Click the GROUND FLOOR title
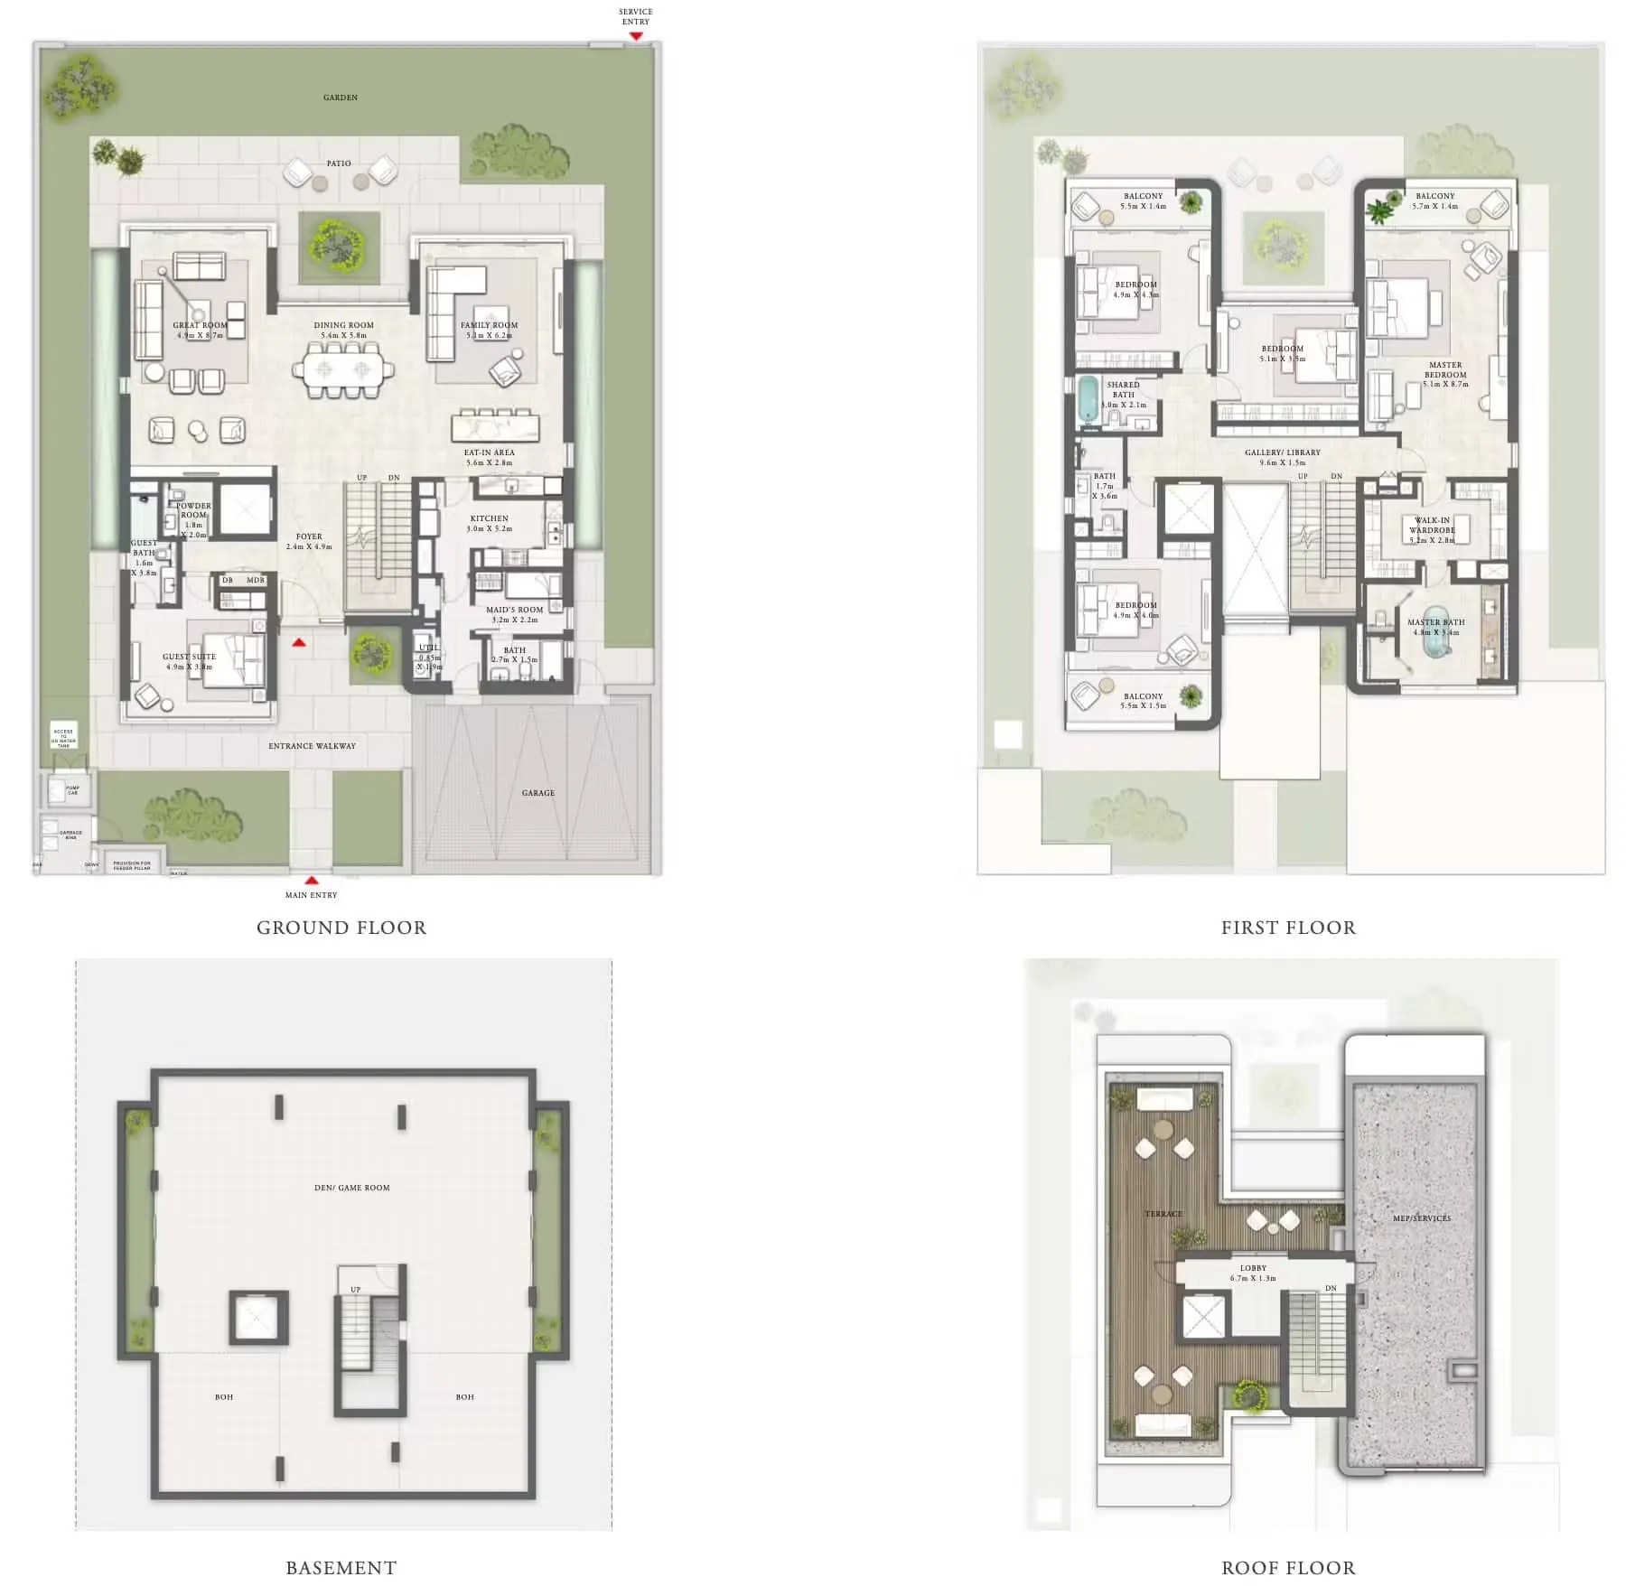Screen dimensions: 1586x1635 [341, 928]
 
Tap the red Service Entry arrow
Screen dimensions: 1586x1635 [636, 36]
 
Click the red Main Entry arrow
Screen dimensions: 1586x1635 [312, 880]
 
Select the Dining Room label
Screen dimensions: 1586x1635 [343, 325]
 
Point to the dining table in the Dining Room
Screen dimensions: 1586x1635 [343, 369]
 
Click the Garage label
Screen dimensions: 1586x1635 [538, 793]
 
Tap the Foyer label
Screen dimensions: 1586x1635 [309, 536]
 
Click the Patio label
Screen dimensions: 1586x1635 [339, 163]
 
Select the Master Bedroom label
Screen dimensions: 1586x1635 [1445, 370]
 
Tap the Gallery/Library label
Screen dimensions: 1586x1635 [1283, 452]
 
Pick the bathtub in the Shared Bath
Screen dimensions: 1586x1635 [1088, 400]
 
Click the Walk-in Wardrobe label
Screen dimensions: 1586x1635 [1432, 525]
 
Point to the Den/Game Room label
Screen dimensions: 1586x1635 [352, 1188]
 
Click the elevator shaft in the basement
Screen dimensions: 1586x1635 [258, 1318]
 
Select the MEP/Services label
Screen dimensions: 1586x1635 [1422, 1218]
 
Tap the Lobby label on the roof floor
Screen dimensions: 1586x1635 [1254, 1268]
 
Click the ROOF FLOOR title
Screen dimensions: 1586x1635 [1288, 1569]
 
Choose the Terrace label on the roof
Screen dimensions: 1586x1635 [1163, 1214]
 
